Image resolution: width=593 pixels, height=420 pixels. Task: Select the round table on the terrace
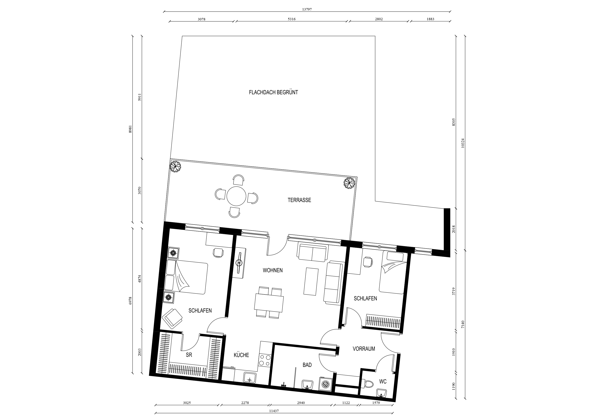pyautogui.click(x=236, y=196)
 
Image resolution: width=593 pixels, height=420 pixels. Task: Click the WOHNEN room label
pyautogui.click(x=273, y=270)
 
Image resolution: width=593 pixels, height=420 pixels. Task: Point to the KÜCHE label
pyautogui.click(x=241, y=355)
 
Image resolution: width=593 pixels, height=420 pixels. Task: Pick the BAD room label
pyautogui.click(x=307, y=365)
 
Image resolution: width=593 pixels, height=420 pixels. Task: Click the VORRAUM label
pyautogui.click(x=364, y=349)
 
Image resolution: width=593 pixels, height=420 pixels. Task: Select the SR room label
pyautogui.click(x=189, y=355)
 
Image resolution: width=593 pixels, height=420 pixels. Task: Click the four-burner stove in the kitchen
pyautogui.click(x=265, y=360)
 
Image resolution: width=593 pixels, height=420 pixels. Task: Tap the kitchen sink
pyautogui.click(x=249, y=378)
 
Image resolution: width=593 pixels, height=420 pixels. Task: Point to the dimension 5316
pyautogui.click(x=292, y=19)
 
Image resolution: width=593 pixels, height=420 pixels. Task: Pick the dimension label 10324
pyautogui.click(x=463, y=143)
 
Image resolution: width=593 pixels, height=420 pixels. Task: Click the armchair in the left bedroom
pyautogui.click(x=172, y=319)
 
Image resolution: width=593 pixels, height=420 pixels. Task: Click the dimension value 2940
pyautogui.click(x=301, y=403)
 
